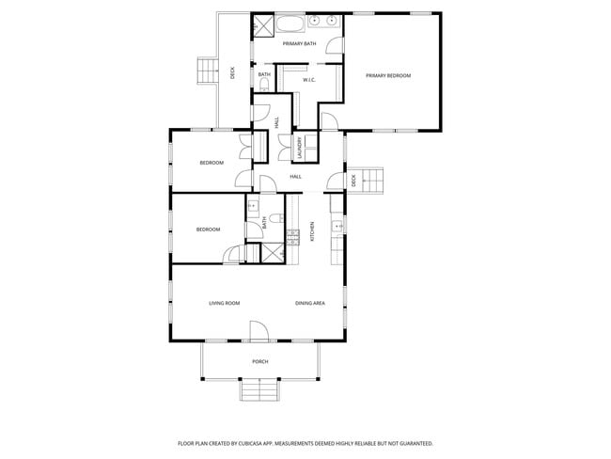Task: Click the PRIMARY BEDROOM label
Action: pos(388,75)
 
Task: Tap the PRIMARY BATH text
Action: pos(298,43)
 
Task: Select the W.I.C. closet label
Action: pos(308,80)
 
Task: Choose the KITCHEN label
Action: pos(313,231)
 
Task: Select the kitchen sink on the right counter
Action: pos(337,225)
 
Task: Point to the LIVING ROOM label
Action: pos(225,303)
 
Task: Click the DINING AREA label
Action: pos(310,303)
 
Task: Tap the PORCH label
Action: pos(260,361)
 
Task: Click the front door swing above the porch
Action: pos(258,331)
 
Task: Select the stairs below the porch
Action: pos(260,388)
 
